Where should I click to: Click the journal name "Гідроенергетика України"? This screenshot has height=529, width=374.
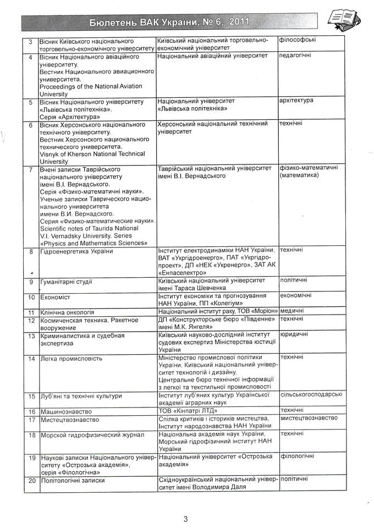pos(76,251)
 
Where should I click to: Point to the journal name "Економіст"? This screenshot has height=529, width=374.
pos(56,297)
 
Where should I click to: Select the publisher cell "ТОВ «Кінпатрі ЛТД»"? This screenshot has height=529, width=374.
pos(188,411)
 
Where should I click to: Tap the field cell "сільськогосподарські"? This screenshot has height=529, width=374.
pos(311,394)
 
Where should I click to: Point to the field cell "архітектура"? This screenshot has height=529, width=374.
pos(296,100)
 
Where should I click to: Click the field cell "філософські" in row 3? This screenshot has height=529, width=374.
pos(298,40)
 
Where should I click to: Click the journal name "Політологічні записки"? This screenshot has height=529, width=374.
pos(73,480)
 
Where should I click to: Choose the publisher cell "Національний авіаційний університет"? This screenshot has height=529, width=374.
pos(212,56)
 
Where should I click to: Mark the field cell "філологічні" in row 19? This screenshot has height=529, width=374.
pos(297,456)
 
